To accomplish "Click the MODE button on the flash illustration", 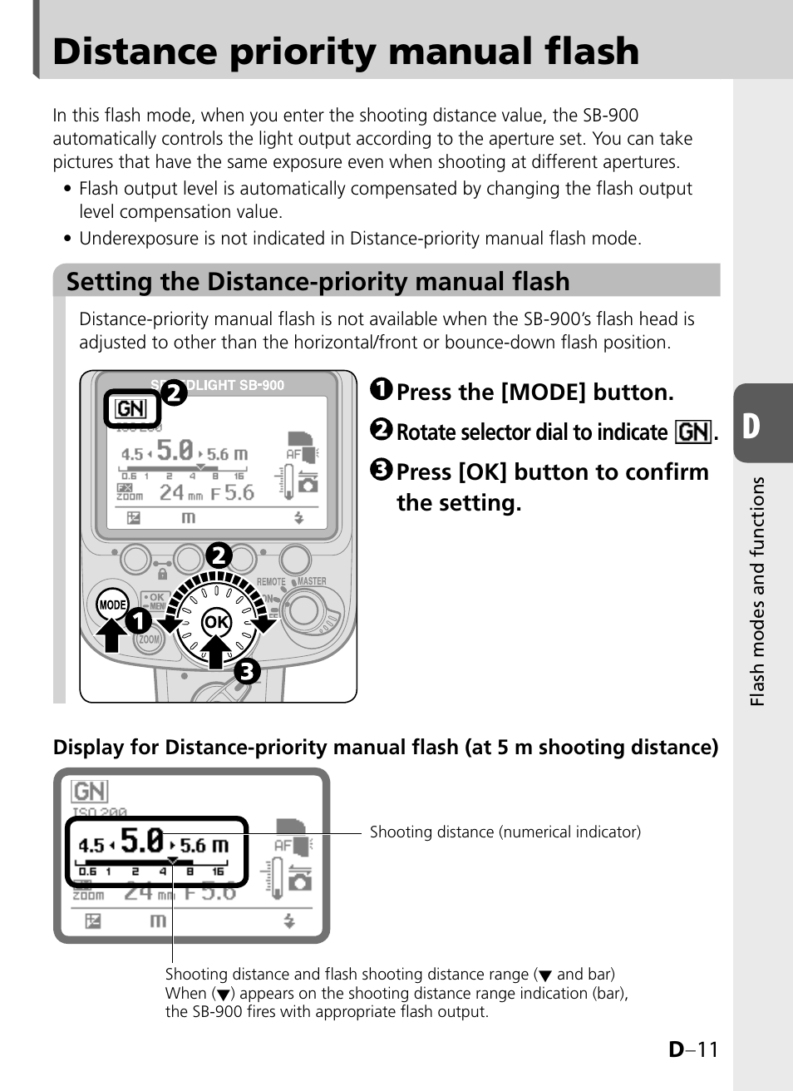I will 112,605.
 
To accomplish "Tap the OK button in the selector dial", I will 216,621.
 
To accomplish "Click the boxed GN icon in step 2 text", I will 693,432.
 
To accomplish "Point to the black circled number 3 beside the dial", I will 247,670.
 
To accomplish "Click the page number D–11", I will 692,1049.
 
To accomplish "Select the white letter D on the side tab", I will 751,426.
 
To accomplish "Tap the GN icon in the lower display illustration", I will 90,791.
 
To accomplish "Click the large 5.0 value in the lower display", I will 142,841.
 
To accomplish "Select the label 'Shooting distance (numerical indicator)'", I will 505,832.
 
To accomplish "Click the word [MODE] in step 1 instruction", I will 544,392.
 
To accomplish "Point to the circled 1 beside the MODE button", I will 139,620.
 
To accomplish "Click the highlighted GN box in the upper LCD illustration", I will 131,408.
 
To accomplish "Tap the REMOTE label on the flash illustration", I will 271,582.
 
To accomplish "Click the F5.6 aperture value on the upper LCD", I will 233,492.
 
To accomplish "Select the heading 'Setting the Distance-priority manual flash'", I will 318,282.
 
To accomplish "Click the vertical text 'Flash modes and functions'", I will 756,591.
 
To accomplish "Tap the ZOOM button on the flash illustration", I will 149,639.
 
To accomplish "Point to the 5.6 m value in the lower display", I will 204,846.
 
